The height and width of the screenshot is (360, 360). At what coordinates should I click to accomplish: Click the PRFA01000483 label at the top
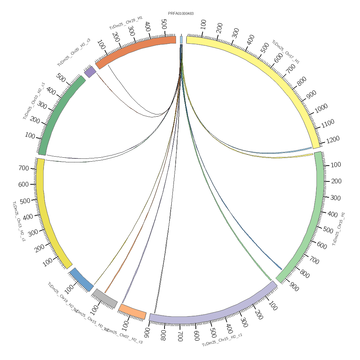tap(181, 14)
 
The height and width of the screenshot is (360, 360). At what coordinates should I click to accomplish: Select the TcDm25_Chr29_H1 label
tap(126, 22)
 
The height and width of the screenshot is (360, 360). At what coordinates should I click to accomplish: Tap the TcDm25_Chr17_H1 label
tap(285, 52)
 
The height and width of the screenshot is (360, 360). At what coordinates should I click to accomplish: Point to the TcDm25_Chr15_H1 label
tap(338, 229)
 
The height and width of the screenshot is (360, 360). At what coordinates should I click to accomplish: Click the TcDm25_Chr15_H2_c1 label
tap(222, 340)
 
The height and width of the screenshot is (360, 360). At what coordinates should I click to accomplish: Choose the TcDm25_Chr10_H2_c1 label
tap(34, 101)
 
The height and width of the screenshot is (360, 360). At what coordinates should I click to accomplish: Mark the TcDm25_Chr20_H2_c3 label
tap(74, 53)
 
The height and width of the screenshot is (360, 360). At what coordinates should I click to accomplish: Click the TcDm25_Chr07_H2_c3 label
tap(123, 336)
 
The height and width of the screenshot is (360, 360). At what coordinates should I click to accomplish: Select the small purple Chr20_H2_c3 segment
tap(90, 72)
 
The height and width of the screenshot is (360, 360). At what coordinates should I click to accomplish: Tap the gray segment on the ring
tap(105, 298)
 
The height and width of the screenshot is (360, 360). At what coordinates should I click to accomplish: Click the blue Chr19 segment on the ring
tap(81, 279)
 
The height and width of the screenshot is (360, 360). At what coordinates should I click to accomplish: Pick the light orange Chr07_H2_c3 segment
tap(132, 311)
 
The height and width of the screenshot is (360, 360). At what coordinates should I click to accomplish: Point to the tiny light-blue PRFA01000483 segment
tap(181, 40)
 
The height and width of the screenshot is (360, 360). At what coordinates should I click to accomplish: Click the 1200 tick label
tap(332, 139)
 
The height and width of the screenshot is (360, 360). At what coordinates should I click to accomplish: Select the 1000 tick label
tap(321, 107)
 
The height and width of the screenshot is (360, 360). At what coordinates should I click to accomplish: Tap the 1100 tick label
tap(327, 123)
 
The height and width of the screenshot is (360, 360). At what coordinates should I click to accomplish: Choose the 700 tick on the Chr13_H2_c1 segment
tap(23, 168)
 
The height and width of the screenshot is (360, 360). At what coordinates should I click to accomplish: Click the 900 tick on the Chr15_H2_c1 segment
tap(147, 331)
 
